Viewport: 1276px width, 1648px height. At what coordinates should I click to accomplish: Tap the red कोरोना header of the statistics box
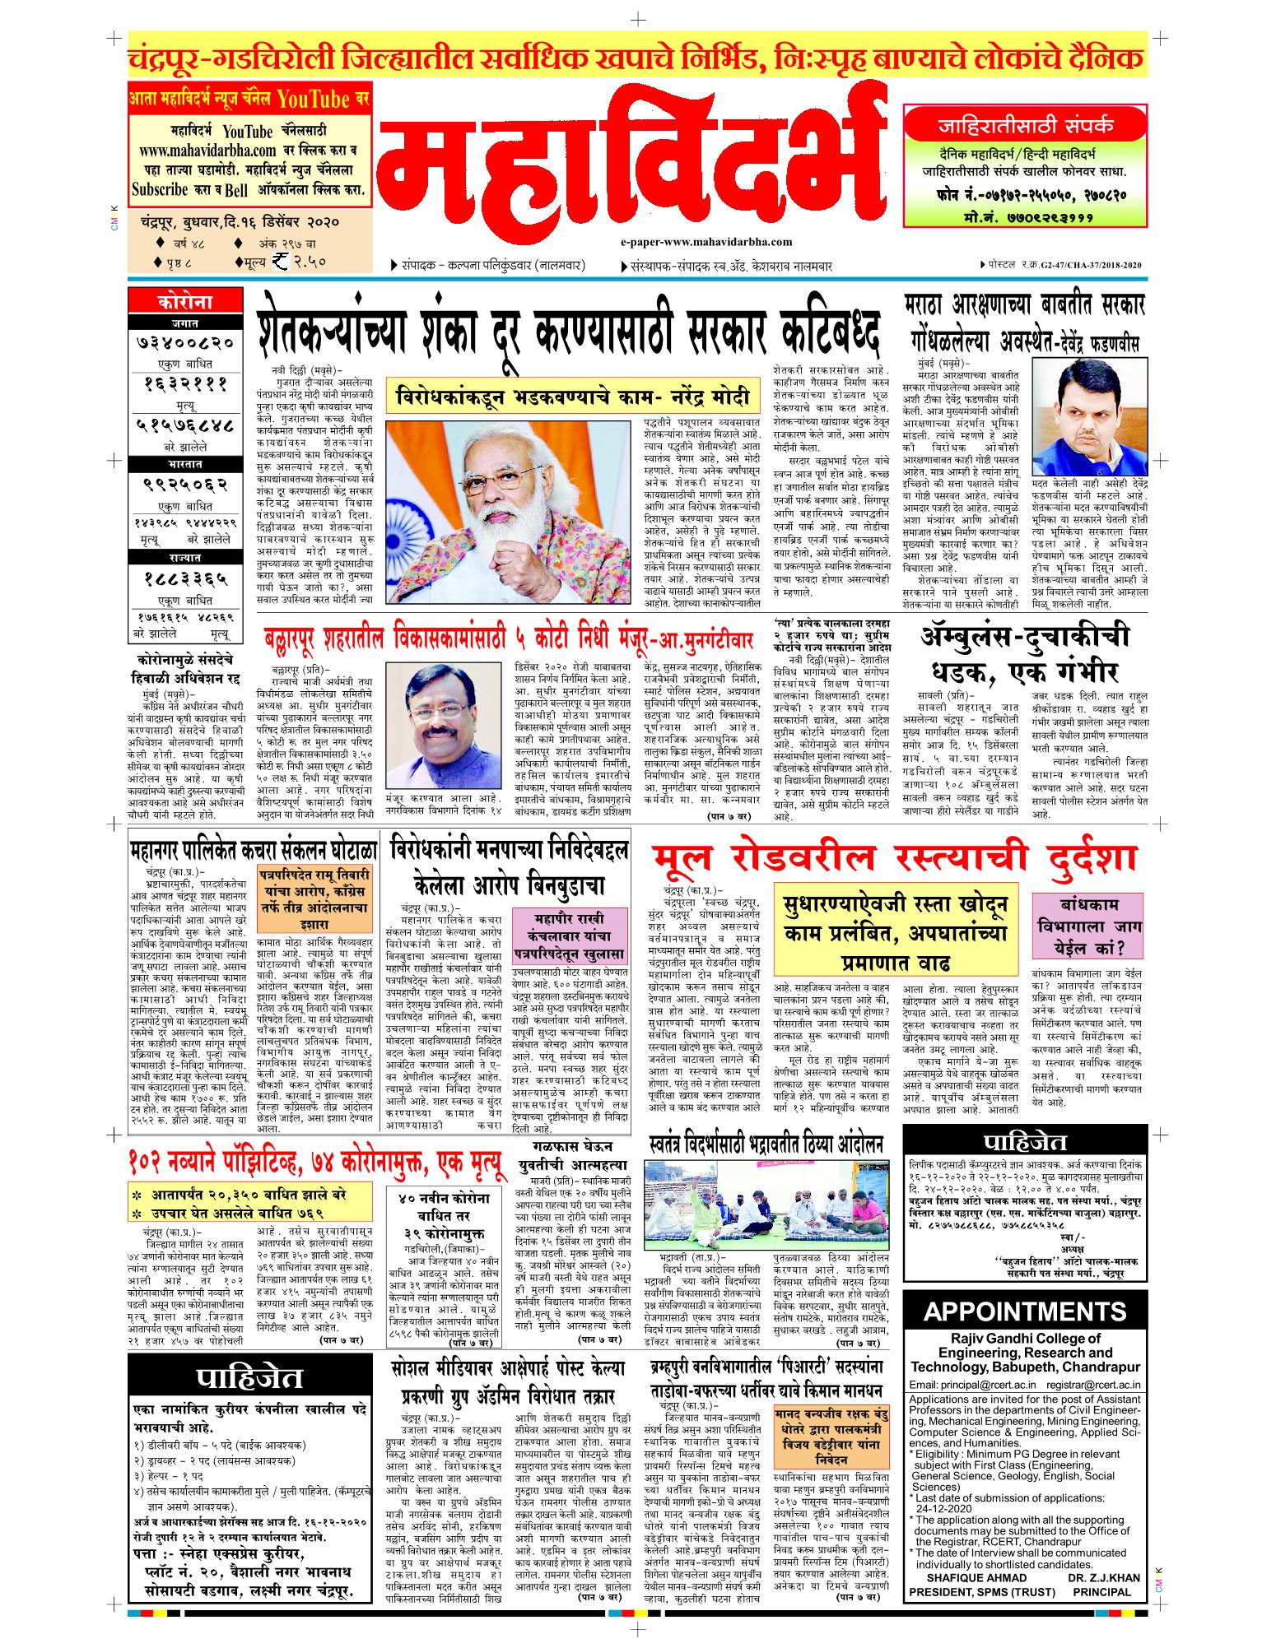178,302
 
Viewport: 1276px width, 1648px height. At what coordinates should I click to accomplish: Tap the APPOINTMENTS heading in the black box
1025,1311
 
